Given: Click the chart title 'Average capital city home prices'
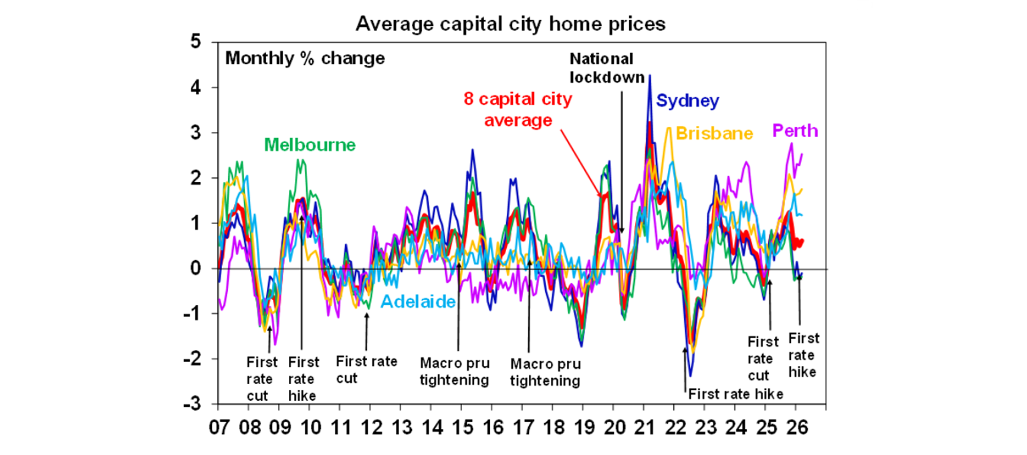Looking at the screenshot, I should (x=510, y=24).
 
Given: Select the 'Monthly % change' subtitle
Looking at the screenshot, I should (x=305, y=58).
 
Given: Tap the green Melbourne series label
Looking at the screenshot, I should (x=310, y=145).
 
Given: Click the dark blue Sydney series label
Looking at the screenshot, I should (x=687, y=101).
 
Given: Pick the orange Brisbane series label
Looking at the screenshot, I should (x=714, y=133).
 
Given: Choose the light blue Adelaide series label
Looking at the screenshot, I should (x=418, y=302).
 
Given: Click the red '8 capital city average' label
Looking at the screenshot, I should (x=518, y=110).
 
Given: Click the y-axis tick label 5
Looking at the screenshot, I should (x=196, y=42).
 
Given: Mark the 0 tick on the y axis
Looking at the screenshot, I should (x=196, y=269).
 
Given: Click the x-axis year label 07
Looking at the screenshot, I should (x=217, y=426).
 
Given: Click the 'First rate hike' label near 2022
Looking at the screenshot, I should (x=735, y=393).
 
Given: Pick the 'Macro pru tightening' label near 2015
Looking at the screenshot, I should (x=455, y=371).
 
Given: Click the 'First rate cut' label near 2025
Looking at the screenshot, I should (x=763, y=358).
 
